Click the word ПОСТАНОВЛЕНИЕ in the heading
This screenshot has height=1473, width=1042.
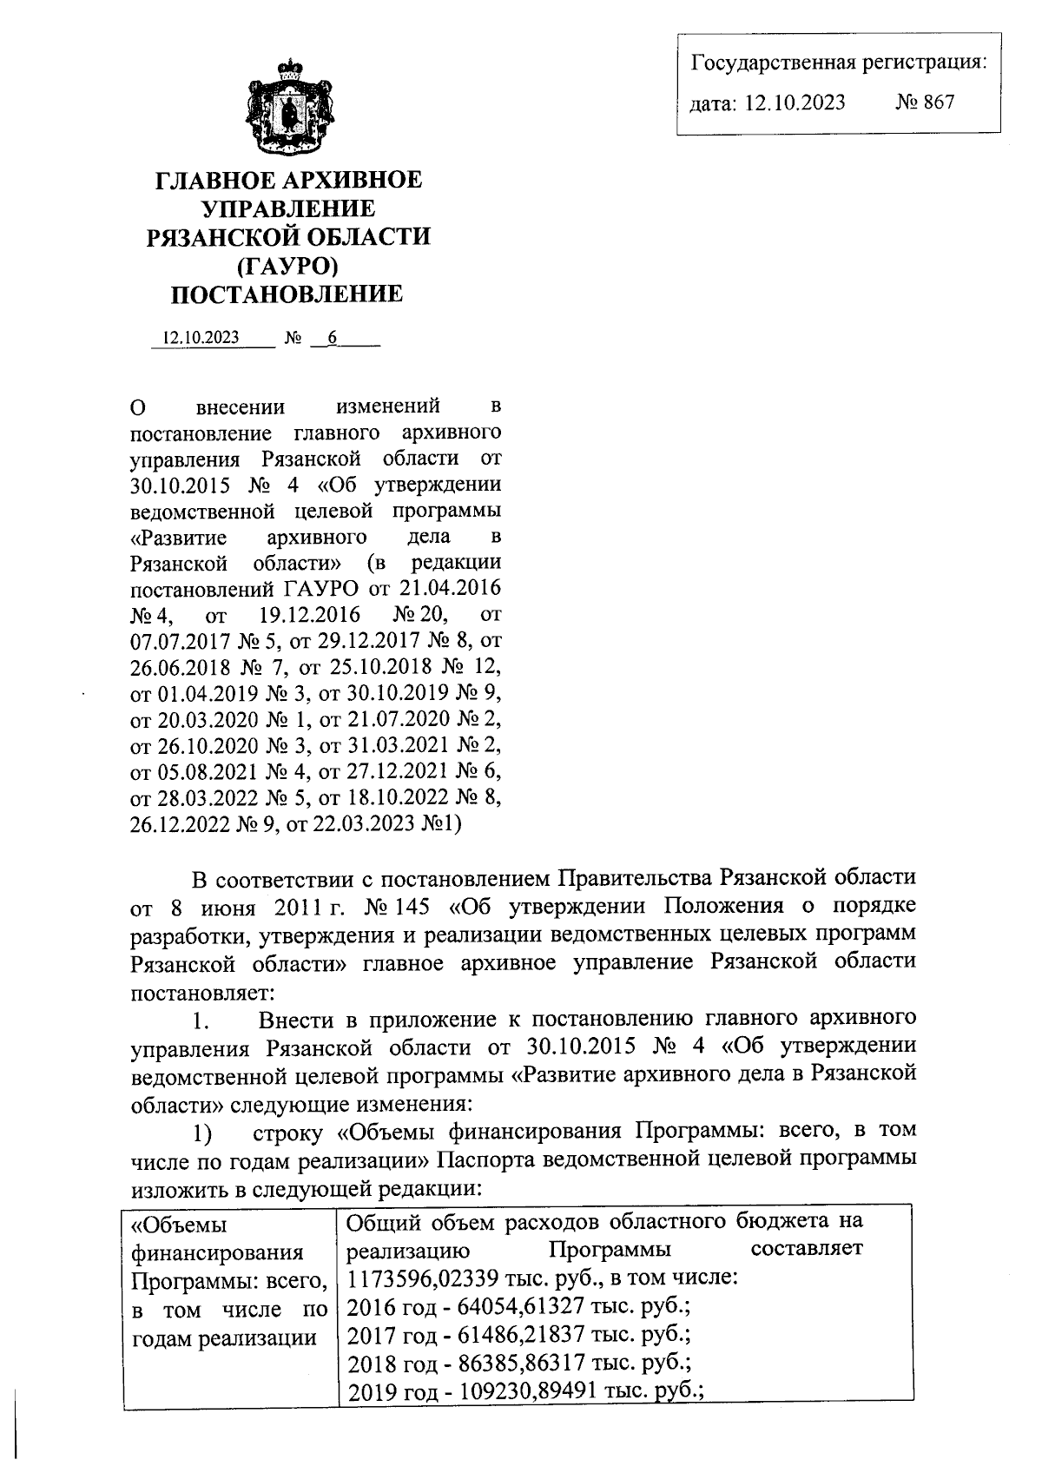point(287,294)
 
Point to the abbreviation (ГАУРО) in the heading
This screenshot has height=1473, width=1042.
point(287,265)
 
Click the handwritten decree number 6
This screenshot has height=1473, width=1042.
point(331,338)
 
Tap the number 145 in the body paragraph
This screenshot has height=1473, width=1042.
point(418,907)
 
